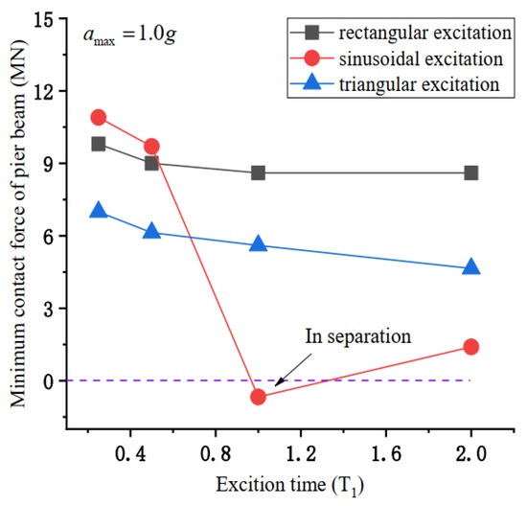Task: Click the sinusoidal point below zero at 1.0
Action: point(258,396)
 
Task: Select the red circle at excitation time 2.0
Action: point(470,346)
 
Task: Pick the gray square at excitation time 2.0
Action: point(470,172)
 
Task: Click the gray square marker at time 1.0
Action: point(258,172)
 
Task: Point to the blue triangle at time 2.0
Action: point(470,266)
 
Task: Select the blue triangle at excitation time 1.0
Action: point(258,243)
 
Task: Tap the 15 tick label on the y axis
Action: point(46,18)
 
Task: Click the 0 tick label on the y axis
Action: point(51,380)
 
